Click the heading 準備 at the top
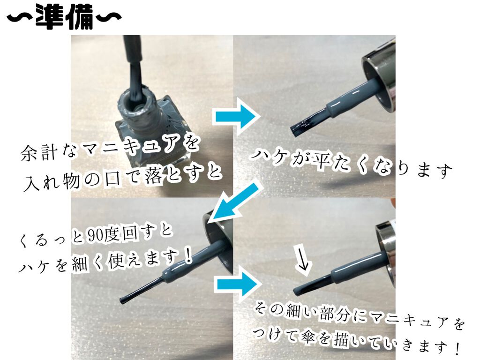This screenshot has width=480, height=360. pyautogui.click(x=65, y=16)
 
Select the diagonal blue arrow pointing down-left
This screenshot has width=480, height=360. pyautogui.click(x=236, y=202)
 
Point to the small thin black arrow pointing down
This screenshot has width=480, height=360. pyautogui.click(x=303, y=260)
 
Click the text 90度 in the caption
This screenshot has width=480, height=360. pyautogui.click(x=105, y=235)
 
